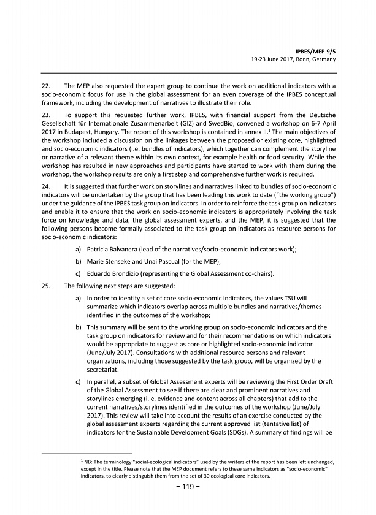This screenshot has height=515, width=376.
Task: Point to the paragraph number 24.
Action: pos(46,185)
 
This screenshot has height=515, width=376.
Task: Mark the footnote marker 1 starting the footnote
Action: pos(83,459)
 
